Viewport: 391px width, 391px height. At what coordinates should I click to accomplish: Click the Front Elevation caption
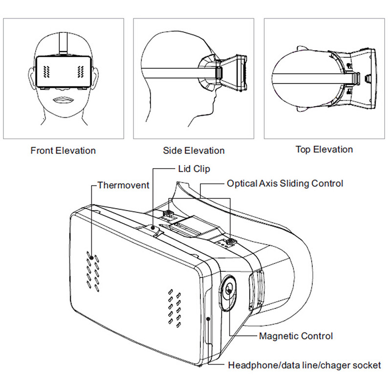click(x=63, y=150)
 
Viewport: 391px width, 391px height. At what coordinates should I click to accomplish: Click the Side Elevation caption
click(x=194, y=151)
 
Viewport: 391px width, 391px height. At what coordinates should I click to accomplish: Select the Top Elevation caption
click(x=324, y=150)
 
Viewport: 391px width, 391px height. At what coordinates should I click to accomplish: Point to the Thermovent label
click(x=123, y=185)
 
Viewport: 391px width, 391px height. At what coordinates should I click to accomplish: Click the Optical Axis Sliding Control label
click(x=285, y=183)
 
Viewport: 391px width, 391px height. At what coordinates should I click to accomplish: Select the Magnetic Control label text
click(x=296, y=336)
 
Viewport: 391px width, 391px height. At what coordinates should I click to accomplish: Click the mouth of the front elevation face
click(x=63, y=100)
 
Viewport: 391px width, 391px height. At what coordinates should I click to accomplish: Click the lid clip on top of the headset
click(x=154, y=227)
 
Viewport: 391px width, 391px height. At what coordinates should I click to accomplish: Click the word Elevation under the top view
click(x=335, y=150)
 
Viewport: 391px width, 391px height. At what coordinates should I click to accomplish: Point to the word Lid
click(x=180, y=169)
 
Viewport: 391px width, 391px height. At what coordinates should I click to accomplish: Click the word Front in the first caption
click(x=42, y=150)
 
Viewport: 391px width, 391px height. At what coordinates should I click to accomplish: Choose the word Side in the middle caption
click(x=172, y=151)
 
